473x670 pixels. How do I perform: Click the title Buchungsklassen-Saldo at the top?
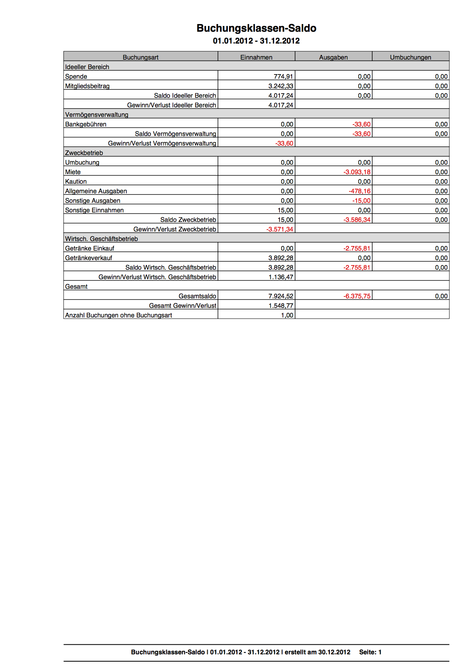[x=256, y=28]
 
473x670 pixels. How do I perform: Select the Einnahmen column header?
[x=256, y=57]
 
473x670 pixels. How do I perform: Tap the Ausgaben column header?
[x=333, y=57]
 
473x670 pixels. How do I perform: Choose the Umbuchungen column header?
[x=410, y=57]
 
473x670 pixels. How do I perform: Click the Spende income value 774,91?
[x=283, y=76]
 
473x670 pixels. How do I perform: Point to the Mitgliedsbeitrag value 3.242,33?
[x=281, y=86]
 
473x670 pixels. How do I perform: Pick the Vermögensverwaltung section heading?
[x=97, y=115]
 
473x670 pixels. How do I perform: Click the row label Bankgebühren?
[x=86, y=124]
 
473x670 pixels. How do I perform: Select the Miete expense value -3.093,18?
[x=357, y=172]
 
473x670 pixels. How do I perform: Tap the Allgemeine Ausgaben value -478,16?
[x=360, y=191]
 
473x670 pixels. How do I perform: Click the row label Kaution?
[x=76, y=181]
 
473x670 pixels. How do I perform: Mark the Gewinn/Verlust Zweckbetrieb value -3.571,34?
[x=280, y=229]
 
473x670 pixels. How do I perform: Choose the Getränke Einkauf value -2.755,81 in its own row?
[x=357, y=248]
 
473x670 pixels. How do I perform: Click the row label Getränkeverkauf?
[x=89, y=258]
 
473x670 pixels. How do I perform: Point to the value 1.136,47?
[x=281, y=277]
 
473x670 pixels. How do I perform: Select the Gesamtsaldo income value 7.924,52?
[x=281, y=296]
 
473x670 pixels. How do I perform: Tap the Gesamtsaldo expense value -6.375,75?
[x=357, y=296]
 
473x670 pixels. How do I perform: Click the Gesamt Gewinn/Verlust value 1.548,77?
[x=281, y=306]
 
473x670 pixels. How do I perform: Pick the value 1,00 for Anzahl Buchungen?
[x=287, y=315]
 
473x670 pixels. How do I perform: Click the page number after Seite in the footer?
[x=380, y=652]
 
